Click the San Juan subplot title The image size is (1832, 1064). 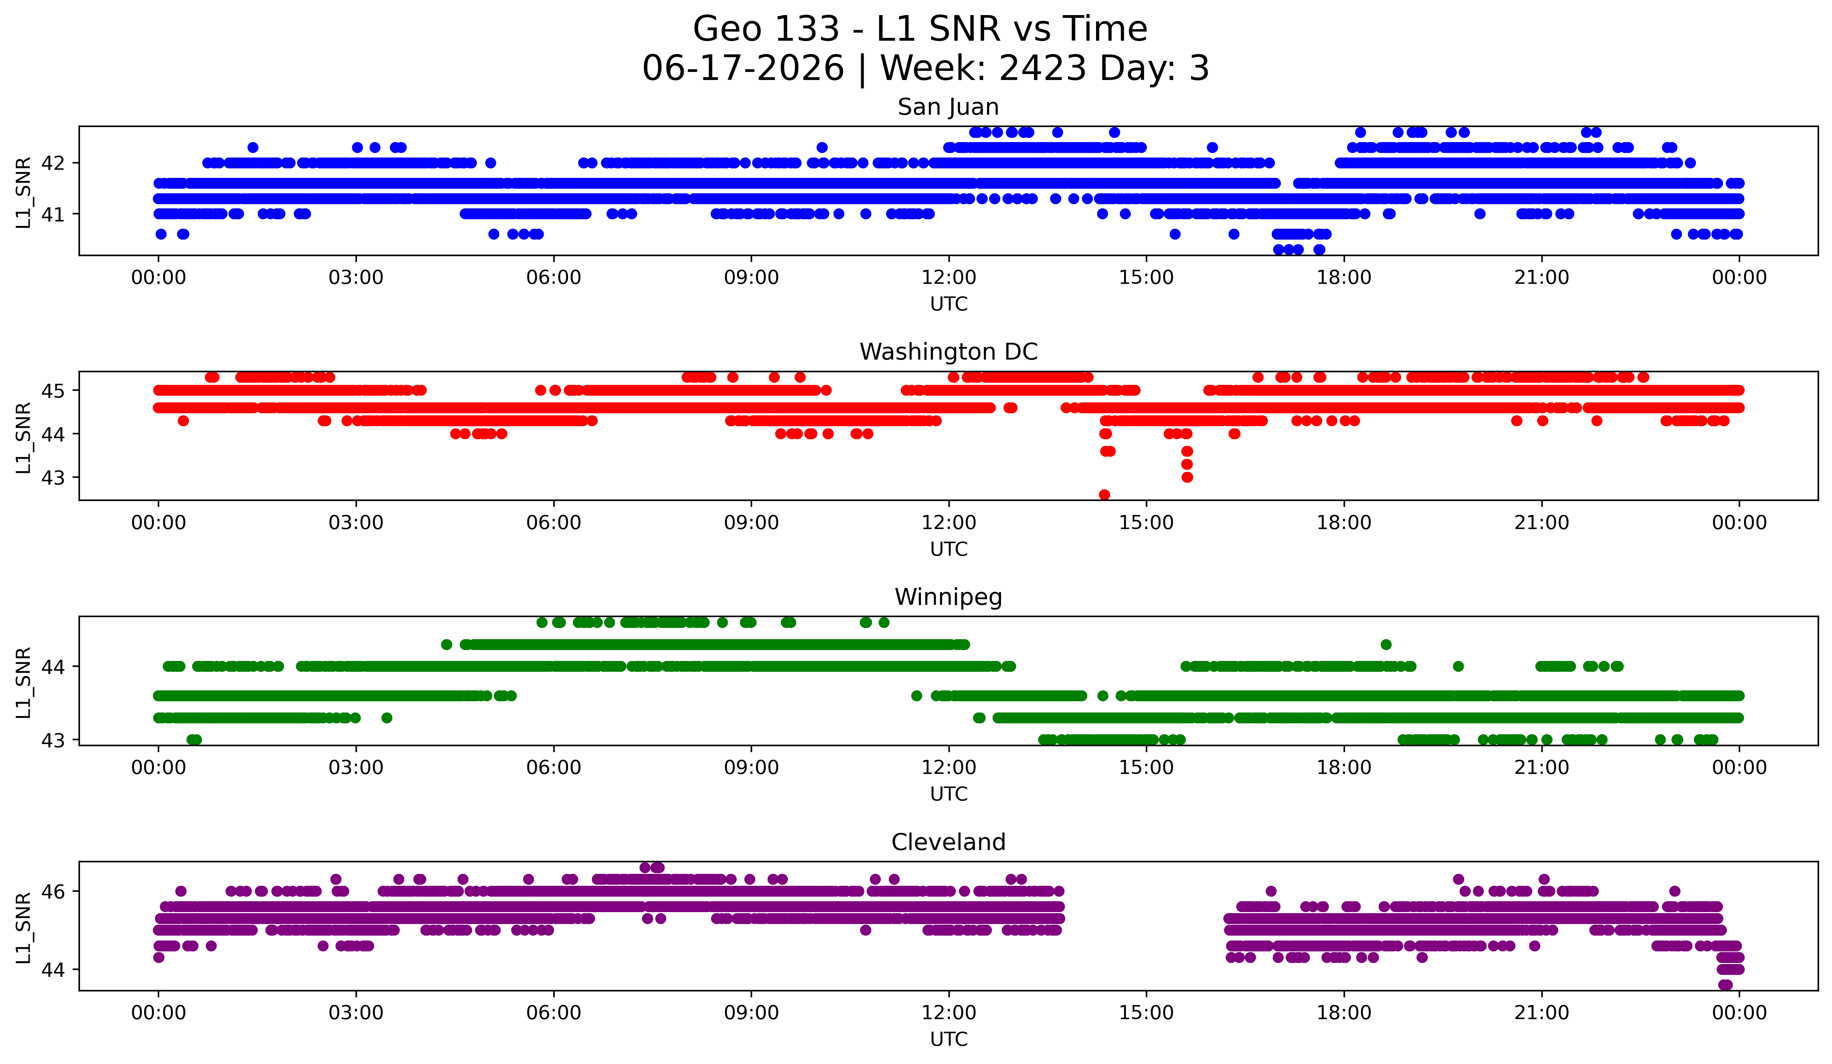(948, 107)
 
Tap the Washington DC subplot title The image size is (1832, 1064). (948, 352)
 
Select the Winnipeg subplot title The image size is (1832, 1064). (948, 597)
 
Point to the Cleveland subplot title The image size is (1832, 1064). (948, 842)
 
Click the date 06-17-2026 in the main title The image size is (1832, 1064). (743, 68)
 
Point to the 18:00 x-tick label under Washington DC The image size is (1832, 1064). (1344, 522)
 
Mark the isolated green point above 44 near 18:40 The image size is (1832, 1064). (1386, 644)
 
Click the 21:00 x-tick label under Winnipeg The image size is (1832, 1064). (1541, 767)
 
